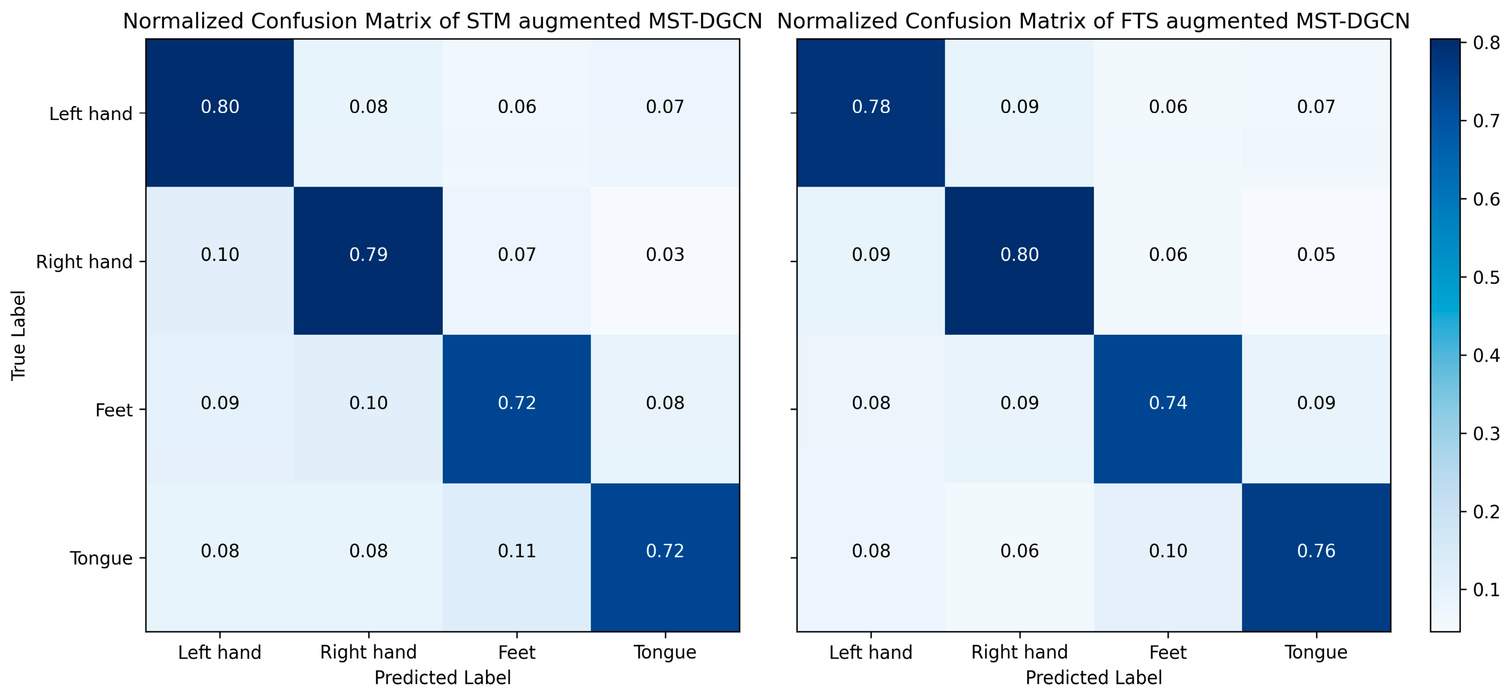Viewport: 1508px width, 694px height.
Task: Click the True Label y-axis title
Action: click(19, 335)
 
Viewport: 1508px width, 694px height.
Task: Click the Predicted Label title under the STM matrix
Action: click(443, 678)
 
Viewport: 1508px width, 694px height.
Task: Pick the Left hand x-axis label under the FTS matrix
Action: click(871, 653)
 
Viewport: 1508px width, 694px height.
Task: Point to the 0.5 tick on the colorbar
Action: click(1486, 277)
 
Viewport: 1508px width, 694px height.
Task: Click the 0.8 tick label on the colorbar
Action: click(1486, 43)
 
